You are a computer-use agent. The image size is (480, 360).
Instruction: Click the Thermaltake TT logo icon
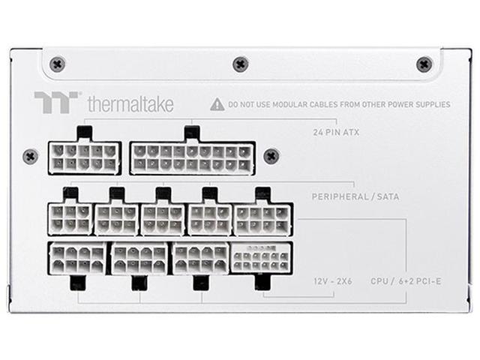(56, 103)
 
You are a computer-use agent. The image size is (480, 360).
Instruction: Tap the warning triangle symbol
(217, 104)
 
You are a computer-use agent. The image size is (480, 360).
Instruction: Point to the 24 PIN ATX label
(335, 133)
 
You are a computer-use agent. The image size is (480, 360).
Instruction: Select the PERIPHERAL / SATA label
(355, 196)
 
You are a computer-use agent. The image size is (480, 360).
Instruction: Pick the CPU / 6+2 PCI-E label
(406, 281)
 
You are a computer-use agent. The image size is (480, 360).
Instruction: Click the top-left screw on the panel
(57, 64)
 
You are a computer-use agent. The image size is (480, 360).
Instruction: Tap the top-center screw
(240, 64)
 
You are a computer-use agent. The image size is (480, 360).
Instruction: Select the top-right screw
(424, 64)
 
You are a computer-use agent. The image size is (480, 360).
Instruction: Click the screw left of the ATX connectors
(30, 156)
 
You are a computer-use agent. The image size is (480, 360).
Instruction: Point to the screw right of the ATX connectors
(271, 156)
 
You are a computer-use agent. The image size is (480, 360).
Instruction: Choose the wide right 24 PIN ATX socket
(192, 157)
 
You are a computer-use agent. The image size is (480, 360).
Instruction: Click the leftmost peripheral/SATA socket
(70, 218)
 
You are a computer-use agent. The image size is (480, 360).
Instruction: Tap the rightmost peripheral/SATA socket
(261, 218)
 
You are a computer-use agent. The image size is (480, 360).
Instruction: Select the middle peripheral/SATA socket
(163, 218)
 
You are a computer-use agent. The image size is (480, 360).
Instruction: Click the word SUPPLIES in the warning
(431, 105)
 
